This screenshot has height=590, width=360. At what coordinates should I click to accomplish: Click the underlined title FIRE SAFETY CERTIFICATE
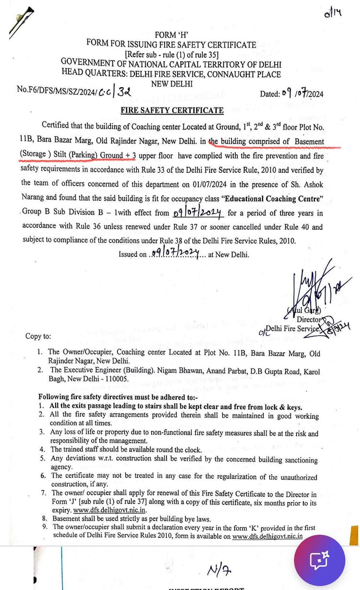point(172,110)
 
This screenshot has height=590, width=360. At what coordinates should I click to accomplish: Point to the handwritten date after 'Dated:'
point(302,93)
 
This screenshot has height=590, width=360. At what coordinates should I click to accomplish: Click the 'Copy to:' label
point(38,336)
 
